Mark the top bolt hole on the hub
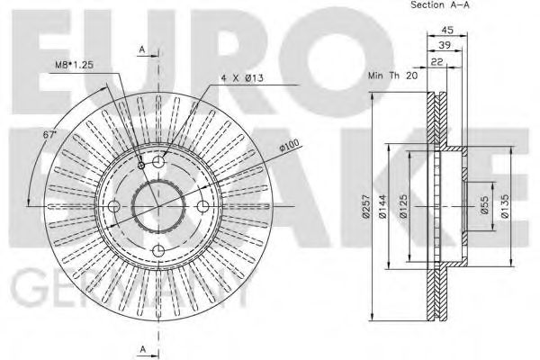tap(158, 161)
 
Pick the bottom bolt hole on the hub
tap(158, 251)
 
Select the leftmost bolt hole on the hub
tap(113, 206)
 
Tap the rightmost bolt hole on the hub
tap(203, 206)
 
